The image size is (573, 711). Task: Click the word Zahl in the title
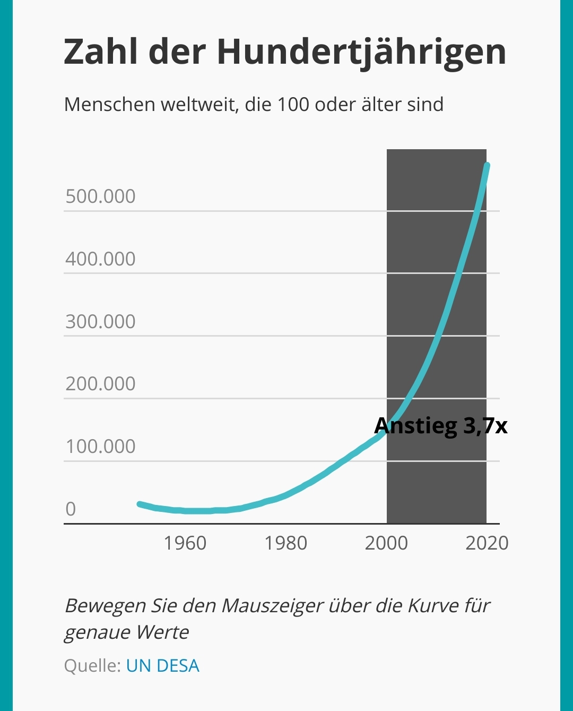pos(101,52)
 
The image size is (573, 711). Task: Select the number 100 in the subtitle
pos(293,105)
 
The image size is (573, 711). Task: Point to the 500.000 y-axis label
pos(100,196)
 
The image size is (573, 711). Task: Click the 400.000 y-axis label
pos(100,259)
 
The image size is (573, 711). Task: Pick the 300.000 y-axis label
pos(100,322)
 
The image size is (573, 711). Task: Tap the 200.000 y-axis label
pos(100,384)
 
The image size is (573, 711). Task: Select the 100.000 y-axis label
pos(100,447)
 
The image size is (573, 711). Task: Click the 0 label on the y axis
pos(71,509)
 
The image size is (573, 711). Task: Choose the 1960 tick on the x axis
pos(185,543)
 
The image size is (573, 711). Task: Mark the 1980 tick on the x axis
pos(285,543)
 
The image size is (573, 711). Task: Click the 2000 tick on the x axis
pos(386,543)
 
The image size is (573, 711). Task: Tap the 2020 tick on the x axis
pos(487,543)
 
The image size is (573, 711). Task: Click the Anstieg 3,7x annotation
pos(440,426)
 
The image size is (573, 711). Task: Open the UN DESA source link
pos(162,666)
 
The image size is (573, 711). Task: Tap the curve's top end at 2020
pos(487,166)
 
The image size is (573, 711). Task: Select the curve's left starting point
pos(140,504)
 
